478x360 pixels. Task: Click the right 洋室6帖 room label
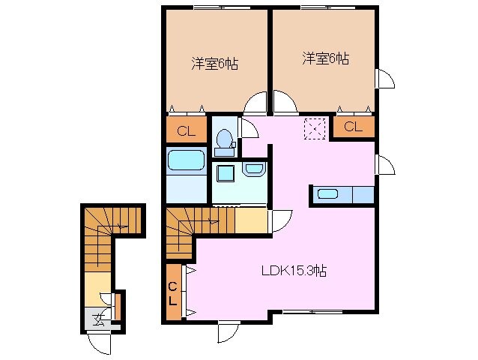point(325,58)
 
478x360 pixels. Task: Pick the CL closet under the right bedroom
point(354,127)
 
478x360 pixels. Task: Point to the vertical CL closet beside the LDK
point(173,293)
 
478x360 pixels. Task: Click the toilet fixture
point(223,141)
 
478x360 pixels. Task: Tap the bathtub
point(185,161)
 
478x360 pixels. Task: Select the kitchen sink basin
point(328,194)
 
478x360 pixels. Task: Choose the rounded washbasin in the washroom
point(252,172)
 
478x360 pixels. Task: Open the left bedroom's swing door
point(256,103)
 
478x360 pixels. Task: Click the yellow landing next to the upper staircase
point(252,220)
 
